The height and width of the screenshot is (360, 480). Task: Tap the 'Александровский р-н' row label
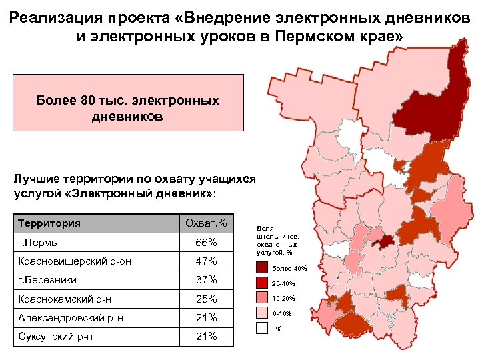tap(71, 318)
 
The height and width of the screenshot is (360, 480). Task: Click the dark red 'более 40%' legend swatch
tap(262, 268)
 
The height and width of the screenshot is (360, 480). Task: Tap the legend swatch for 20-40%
tap(262, 283)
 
